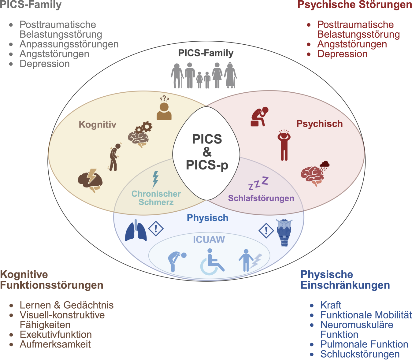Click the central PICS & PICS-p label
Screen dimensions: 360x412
(x=207, y=152)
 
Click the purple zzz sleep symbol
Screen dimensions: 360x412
(x=258, y=183)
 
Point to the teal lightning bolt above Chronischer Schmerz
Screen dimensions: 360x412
(x=155, y=179)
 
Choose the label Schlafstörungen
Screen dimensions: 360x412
(x=261, y=198)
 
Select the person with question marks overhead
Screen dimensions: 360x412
(x=164, y=108)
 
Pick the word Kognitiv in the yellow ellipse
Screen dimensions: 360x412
(x=97, y=124)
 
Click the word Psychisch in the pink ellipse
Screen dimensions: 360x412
(x=319, y=124)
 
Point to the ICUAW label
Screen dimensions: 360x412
(x=209, y=239)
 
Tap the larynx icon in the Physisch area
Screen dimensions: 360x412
(x=284, y=232)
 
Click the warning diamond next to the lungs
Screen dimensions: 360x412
(x=156, y=228)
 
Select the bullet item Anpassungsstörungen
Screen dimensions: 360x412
(x=69, y=44)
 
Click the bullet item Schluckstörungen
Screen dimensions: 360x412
(x=360, y=354)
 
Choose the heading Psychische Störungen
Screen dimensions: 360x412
(x=354, y=5)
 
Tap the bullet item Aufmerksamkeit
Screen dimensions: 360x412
(x=55, y=344)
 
